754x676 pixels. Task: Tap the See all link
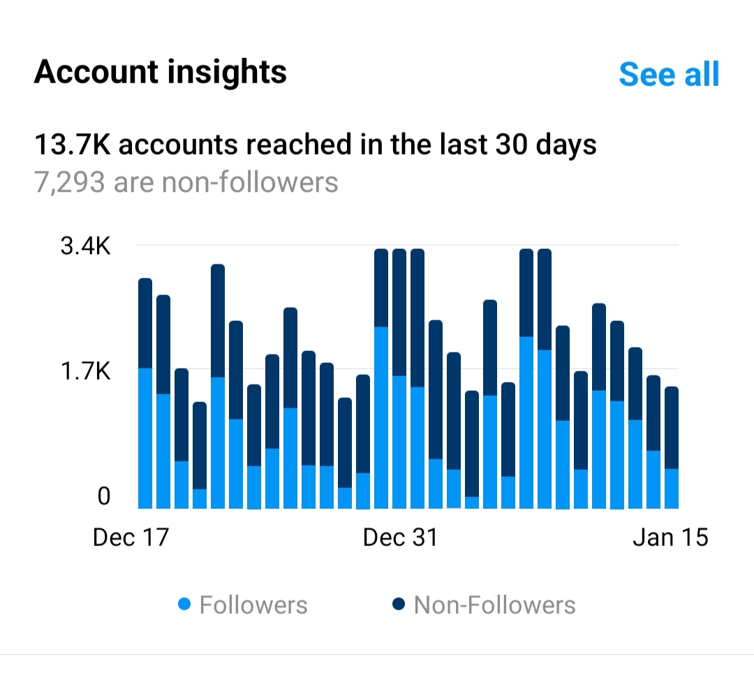(x=668, y=73)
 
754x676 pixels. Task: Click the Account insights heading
(x=160, y=71)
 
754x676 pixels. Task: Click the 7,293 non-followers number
(x=69, y=182)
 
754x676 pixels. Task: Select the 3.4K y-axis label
(x=86, y=247)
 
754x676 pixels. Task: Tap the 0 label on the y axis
(x=104, y=496)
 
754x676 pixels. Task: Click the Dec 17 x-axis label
(x=131, y=537)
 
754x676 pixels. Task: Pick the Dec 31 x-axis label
(x=400, y=537)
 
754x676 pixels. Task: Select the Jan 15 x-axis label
(x=671, y=537)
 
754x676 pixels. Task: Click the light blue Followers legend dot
(x=184, y=604)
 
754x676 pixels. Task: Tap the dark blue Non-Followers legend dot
(x=399, y=604)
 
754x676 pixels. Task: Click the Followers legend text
(x=253, y=604)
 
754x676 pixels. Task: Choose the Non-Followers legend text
(x=494, y=604)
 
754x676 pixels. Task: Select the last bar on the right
(x=672, y=447)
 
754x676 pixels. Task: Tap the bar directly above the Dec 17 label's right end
(x=163, y=402)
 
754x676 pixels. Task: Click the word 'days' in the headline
(x=570, y=145)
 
